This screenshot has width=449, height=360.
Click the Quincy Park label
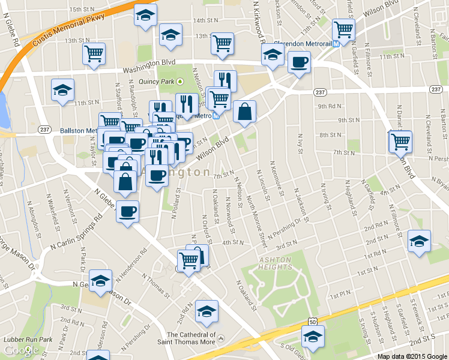tap(159, 81)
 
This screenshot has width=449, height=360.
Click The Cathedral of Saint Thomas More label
tap(191, 338)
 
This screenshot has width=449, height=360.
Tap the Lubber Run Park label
tap(26, 340)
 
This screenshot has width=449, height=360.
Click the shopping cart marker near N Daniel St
tap(400, 142)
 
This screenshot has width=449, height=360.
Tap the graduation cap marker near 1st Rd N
tap(419, 241)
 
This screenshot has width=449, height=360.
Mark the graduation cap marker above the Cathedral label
tap(206, 310)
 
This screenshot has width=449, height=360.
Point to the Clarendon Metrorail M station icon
tap(337, 43)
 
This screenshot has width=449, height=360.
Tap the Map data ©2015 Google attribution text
tap(412, 356)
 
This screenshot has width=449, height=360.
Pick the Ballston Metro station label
tap(78, 130)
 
